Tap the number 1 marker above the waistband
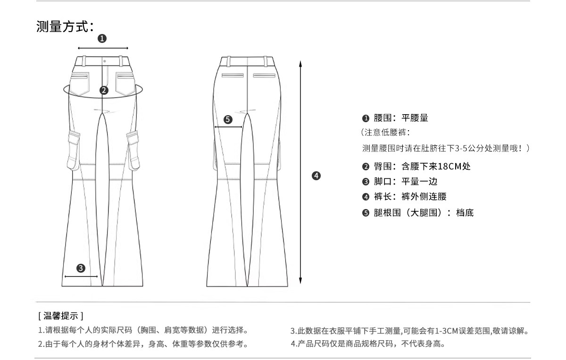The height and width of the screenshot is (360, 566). (102, 39)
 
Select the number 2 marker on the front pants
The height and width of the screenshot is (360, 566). (104, 90)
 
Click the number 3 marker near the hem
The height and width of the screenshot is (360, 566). (81, 268)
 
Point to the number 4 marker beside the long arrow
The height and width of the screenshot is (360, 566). (316, 176)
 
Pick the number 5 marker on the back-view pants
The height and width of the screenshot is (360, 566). (228, 119)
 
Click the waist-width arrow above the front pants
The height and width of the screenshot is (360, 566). (103, 48)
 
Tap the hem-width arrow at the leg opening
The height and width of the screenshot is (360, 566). (81, 276)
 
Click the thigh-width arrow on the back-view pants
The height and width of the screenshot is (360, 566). (228, 127)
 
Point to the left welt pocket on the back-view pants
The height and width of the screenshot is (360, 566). (233, 75)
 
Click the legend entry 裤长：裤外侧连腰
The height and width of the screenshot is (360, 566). (410, 197)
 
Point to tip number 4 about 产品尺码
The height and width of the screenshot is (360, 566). (368, 343)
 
